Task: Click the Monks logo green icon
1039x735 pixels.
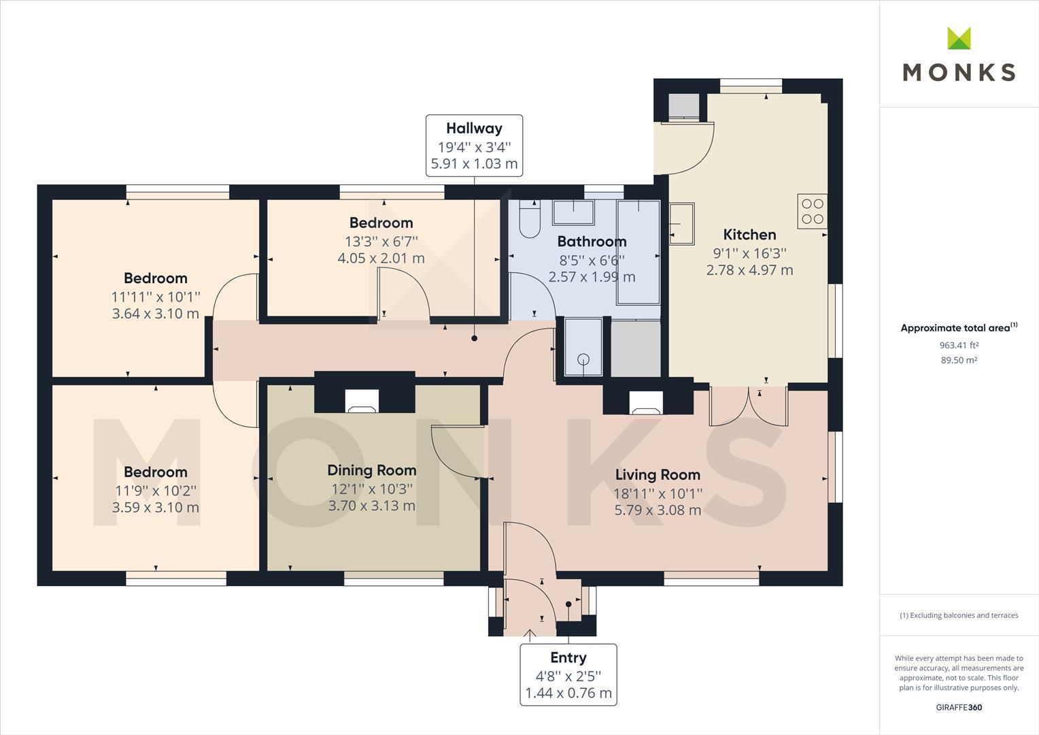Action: (959, 38)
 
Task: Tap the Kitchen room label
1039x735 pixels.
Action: (749, 235)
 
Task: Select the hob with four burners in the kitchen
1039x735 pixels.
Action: (812, 211)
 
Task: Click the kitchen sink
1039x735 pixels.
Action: (681, 223)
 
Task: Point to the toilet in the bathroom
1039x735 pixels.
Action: (528, 219)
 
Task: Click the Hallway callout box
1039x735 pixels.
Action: (474, 146)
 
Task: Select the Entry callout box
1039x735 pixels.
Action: (568, 674)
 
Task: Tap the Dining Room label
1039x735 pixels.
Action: (371, 470)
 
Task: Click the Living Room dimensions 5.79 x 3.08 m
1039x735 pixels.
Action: (658, 510)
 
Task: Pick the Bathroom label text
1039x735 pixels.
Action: (592, 242)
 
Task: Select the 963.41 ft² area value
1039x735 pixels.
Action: (959, 345)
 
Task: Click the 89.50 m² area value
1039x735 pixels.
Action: (959, 361)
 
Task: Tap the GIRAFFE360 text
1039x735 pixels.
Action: (959, 707)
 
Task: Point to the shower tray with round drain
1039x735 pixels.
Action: (583, 347)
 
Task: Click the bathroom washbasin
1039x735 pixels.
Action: (572, 212)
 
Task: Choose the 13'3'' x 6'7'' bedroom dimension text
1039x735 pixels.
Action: (381, 241)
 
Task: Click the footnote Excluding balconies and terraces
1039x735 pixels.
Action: (959, 615)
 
